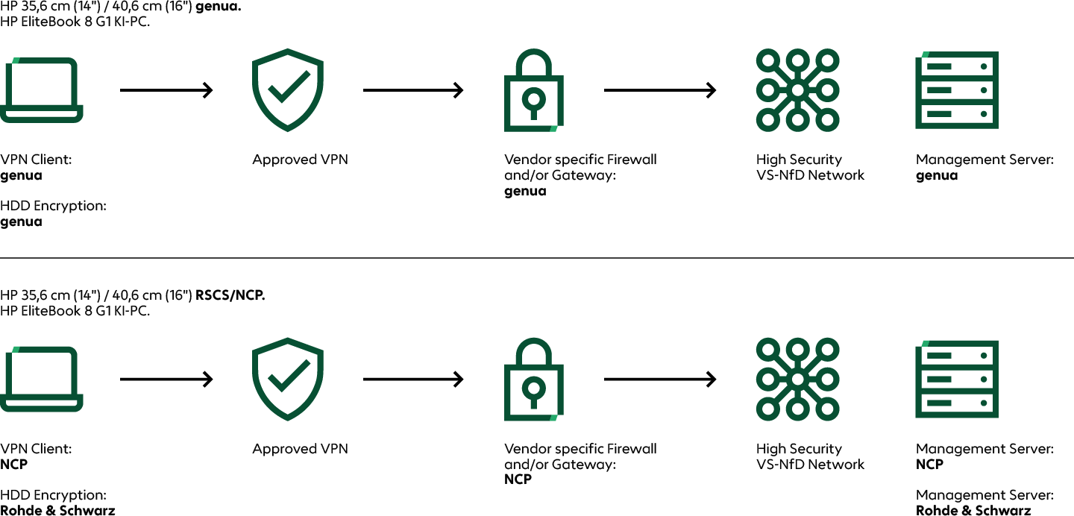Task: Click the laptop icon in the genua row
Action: [x=42, y=89]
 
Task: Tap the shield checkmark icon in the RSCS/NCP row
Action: [x=288, y=379]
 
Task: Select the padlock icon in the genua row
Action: [x=533, y=90]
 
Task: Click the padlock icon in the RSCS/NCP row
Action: [x=533, y=380]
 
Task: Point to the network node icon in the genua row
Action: [x=797, y=90]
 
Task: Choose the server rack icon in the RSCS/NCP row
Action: [x=957, y=379]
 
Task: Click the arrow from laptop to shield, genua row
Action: [x=166, y=90]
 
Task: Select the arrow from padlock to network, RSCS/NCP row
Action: [x=659, y=380]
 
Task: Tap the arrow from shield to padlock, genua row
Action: [x=412, y=90]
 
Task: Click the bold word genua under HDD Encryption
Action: [x=21, y=221]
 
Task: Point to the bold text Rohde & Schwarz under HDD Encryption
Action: [x=57, y=511]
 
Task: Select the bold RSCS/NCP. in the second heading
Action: [x=230, y=295]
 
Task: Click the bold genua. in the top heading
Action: [x=218, y=6]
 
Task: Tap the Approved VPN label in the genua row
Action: [x=300, y=160]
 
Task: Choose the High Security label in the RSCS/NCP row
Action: [x=799, y=449]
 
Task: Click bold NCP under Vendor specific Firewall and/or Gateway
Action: [x=518, y=479]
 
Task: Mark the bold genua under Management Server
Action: [x=936, y=175]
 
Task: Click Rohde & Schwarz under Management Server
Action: [x=973, y=511]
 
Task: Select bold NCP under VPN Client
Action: [x=13, y=465]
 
